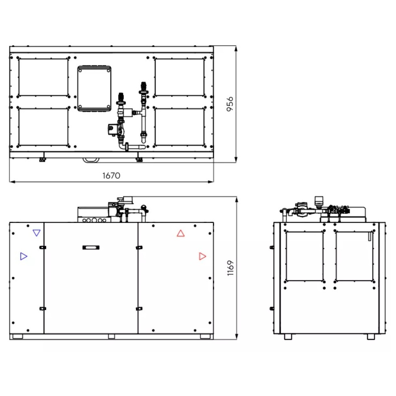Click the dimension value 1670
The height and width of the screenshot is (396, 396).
(111, 175)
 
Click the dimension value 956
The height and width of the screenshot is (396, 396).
(230, 104)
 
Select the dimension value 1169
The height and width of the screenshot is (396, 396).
(230, 268)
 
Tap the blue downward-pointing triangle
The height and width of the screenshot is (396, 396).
(36, 232)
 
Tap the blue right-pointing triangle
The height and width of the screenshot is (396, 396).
(23, 256)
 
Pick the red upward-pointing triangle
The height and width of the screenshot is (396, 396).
(181, 234)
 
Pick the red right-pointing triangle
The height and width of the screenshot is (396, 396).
(202, 256)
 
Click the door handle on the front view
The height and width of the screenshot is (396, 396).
(91, 247)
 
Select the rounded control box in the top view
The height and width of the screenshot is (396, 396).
(94, 88)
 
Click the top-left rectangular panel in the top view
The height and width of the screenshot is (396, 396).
(44, 77)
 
